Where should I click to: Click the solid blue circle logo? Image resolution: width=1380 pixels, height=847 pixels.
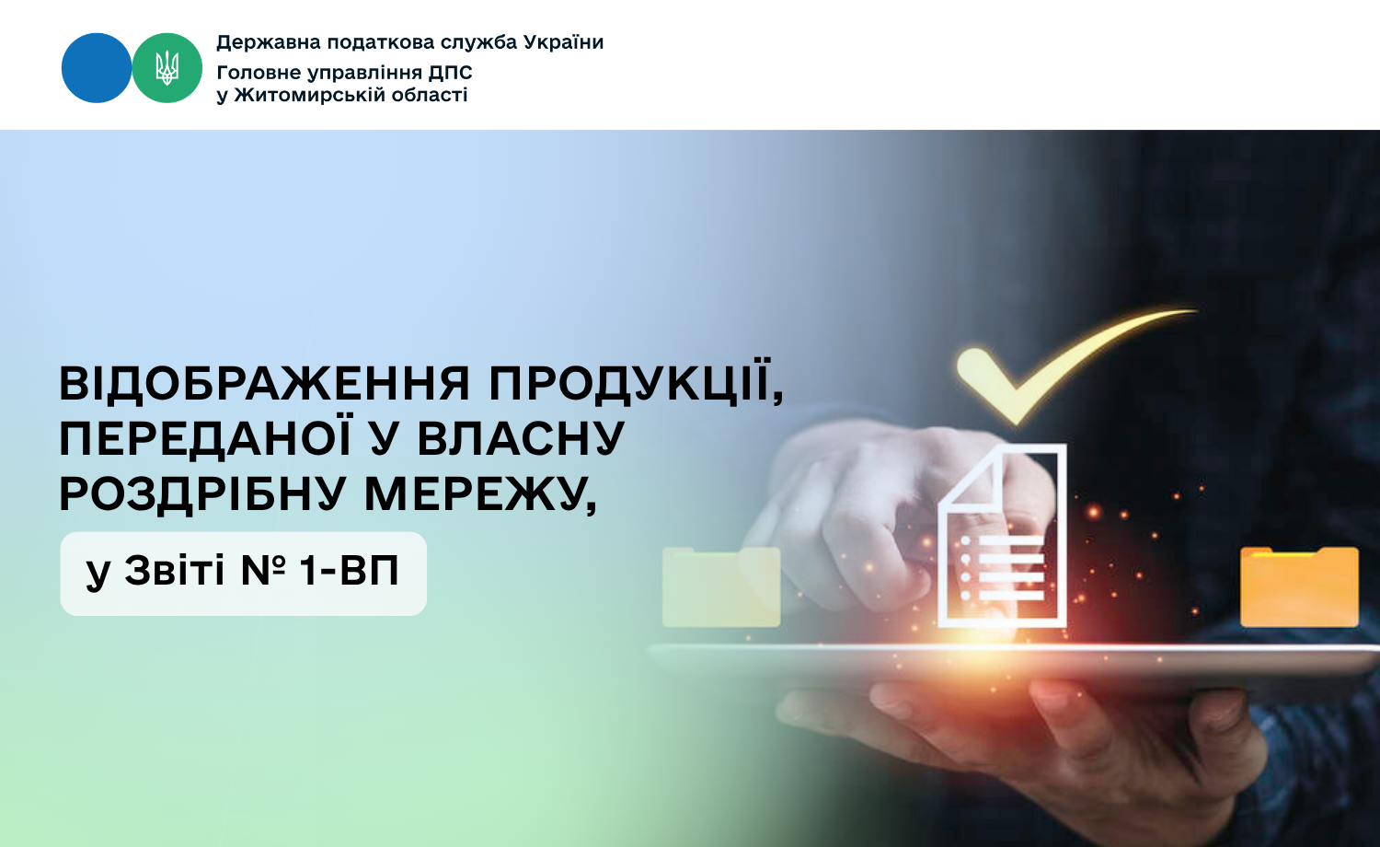tap(96, 68)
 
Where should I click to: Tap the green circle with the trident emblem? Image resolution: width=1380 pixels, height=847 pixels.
tap(167, 68)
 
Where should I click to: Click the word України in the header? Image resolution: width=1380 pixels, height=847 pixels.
tap(563, 42)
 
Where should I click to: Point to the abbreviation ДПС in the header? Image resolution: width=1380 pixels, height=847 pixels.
tap(451, 73)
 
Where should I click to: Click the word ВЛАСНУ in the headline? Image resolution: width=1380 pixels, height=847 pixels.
tap(522, 438)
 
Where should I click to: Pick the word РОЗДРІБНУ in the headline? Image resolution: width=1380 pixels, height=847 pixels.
tap(203, 494)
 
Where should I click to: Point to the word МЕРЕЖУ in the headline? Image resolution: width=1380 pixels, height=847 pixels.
tap(480, 494)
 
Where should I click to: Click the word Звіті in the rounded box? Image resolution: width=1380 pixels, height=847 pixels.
tap(175, 570)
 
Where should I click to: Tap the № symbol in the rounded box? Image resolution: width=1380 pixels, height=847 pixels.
tap(263, 570)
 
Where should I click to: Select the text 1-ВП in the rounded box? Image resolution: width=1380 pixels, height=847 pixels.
tap(350, 570)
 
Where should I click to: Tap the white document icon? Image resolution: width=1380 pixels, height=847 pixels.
tap(1003, 535)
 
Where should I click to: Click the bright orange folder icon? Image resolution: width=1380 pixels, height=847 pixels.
tap(1299, 586)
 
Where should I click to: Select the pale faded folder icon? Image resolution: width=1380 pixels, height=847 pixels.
tap(721, 586)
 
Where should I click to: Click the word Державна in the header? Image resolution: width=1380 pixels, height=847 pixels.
tap(270, 42)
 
